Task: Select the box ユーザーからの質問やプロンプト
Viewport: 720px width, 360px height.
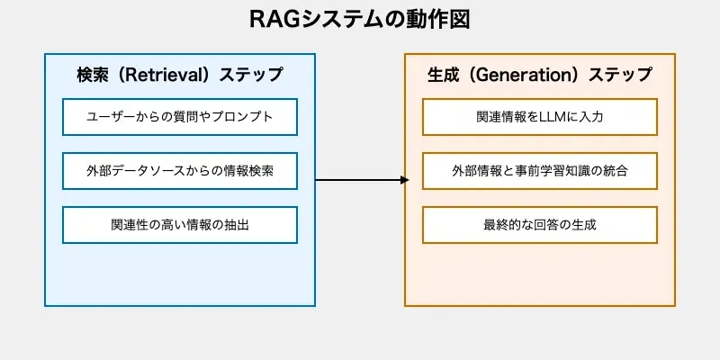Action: [x=180, y=117]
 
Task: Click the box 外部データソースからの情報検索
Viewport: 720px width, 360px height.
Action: [x=180, y=171]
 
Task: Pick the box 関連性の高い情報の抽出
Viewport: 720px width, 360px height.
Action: [x=180, y=225]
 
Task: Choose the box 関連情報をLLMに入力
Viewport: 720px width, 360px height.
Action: [x=539, y=117]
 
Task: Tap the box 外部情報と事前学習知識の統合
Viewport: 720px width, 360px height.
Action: [x=539, y=171]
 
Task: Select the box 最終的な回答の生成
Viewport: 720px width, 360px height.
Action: [x=539, y=225]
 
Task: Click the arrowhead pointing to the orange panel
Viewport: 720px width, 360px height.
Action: [x=404, y=180]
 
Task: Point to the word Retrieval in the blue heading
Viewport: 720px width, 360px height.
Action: [x=161, y=75]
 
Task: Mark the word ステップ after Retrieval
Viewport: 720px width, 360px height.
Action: [x=251, y=75]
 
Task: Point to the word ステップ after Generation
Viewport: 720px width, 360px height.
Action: [x=621, y=75]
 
